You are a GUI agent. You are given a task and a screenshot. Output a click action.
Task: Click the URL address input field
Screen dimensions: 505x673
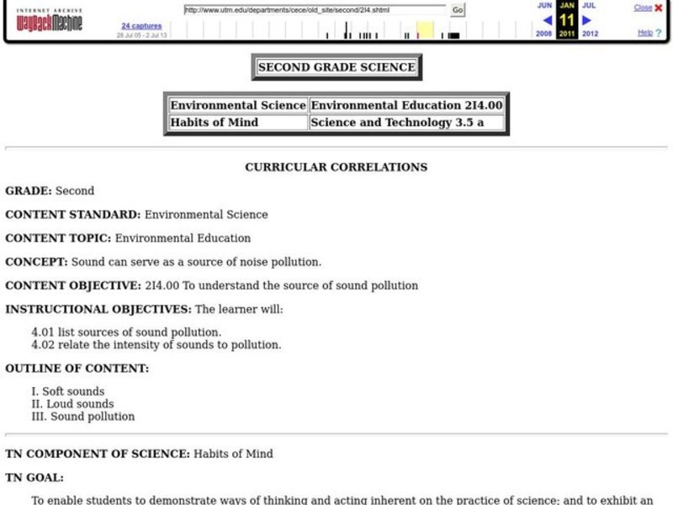[x=315, y=10]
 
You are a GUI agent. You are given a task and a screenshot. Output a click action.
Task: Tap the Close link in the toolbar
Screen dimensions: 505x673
[x=642, y=8]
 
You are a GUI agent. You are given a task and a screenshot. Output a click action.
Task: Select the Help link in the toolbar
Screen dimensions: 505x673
[x=644, y=33]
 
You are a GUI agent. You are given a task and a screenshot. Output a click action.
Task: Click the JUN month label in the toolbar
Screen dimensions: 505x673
[x=545, y=5]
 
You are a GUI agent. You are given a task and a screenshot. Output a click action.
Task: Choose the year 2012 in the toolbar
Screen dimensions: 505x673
[x=590, y=34]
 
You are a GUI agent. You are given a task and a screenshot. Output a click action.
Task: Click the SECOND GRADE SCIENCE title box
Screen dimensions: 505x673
[x=336, y=67]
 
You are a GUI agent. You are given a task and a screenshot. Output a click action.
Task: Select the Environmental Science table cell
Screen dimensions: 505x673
[x=238, y=105]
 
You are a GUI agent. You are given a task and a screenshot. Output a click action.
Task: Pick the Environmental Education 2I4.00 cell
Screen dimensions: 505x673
[x=406, y=105]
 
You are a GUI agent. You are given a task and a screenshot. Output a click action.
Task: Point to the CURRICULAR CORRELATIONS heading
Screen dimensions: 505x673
[x=336, y=167]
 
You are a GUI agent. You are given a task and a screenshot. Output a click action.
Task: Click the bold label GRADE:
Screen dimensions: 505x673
[x=29, y=191]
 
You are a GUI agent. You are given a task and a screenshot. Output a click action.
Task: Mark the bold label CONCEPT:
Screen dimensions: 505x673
[x=36, y=262]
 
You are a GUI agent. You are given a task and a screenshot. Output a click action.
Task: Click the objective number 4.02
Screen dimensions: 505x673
[x=43, y=344]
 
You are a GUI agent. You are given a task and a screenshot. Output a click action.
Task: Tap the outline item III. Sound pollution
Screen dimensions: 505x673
[x=82, y=416]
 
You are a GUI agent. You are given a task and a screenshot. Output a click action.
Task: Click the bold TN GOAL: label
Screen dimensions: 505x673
[x=34, y=477]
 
